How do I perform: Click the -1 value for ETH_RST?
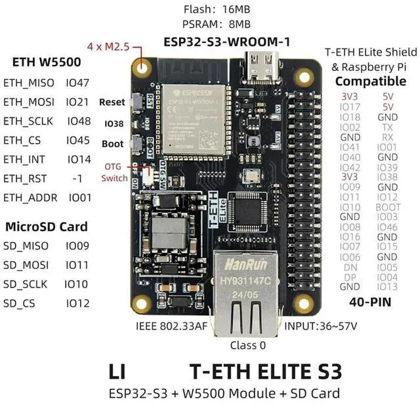[x=78, y=178]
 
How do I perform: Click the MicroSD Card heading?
[x=46, y=227]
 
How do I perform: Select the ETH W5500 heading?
[x=47, y=63]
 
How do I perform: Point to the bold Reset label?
[x=112, y=102]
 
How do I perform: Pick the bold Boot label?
[x=113, y=144]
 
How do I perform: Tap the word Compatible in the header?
[x=371, y=81]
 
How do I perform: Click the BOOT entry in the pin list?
[x=388, y=207]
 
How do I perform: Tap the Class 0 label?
[x=248, y=345]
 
